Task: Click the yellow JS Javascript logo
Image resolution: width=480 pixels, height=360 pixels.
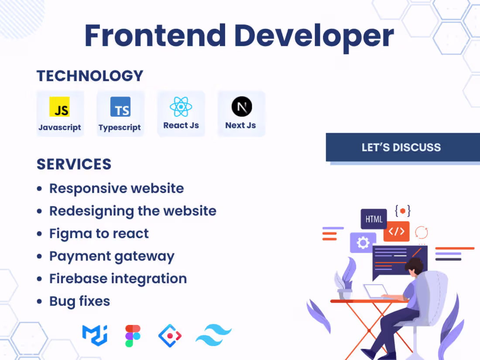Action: tap(60, 107)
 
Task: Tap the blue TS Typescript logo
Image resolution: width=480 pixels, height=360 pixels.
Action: tap(120, 107)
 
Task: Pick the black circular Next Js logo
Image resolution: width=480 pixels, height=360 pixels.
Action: tap(241, 107)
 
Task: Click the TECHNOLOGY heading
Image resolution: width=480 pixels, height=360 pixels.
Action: tap(90, 76)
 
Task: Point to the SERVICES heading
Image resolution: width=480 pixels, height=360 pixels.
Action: tap(74, 165)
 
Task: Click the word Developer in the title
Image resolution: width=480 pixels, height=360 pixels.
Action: tap(314, 36)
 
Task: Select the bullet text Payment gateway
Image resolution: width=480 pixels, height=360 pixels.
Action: tap(112, 256)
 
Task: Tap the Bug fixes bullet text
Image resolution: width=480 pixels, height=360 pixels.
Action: tap(79, 301)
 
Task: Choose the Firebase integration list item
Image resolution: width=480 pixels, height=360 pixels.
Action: tap(118, 278)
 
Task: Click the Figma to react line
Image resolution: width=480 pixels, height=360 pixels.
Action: tap(99, 233)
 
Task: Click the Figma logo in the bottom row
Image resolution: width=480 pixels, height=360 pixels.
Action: tap(133, 336)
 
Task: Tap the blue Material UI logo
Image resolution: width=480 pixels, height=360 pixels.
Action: tap(95, 335)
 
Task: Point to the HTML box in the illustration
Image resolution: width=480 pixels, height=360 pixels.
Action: tap(374, 219)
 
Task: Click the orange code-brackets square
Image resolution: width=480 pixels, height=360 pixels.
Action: tap(396, 231)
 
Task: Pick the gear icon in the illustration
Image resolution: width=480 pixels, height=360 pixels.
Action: tap(363, 243)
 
